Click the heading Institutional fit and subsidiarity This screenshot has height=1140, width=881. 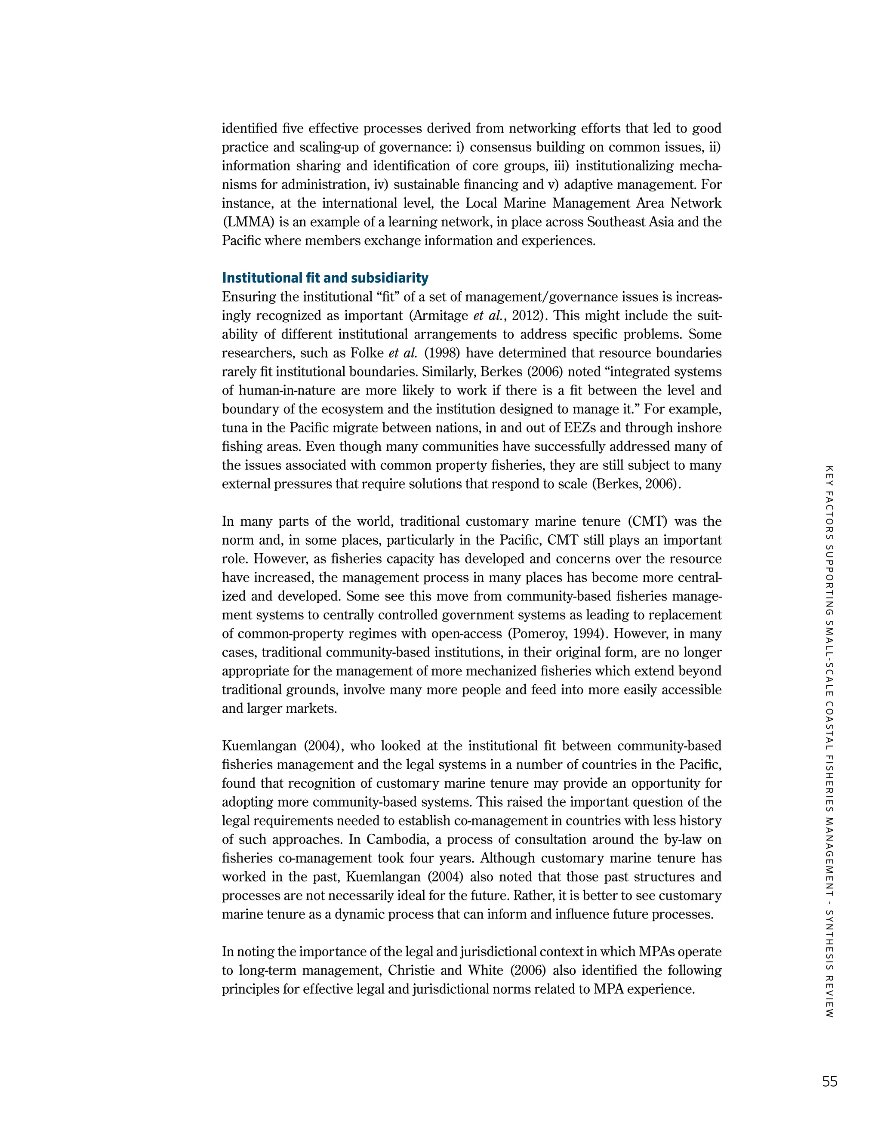point(325,278)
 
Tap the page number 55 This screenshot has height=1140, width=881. point(829,1082)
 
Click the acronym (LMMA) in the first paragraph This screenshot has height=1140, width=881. point(248,222)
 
